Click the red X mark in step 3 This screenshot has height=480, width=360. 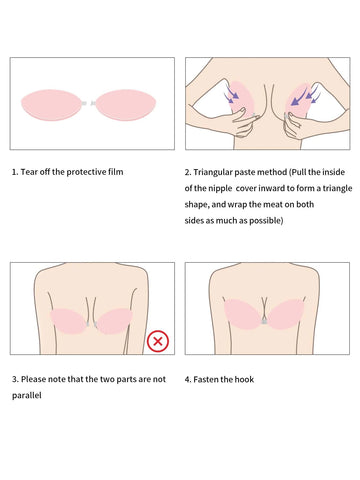pyautogui.click(x=158, y=341)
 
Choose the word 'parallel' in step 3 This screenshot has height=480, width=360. pyautogui.click(x=27, y=396)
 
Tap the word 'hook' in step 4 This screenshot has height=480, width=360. pyautogui.click(x=244, y=379)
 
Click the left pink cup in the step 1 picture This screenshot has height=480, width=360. pyautogui.click(x=51, y=105)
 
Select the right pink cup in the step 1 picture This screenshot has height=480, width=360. pyautogui.click(x=126, y=105)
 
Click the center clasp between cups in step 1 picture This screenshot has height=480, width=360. pyautogui.click(x=88, y=103)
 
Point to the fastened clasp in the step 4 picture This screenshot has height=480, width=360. pyautogui.click(x=264, y=322)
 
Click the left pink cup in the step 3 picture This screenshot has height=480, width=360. pyautogui.click(x=68, y=321)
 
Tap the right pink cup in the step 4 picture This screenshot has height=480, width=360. pyautogui.click(x=285, y=314)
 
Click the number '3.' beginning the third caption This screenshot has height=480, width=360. pyautogui.click(x=15, y=379)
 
